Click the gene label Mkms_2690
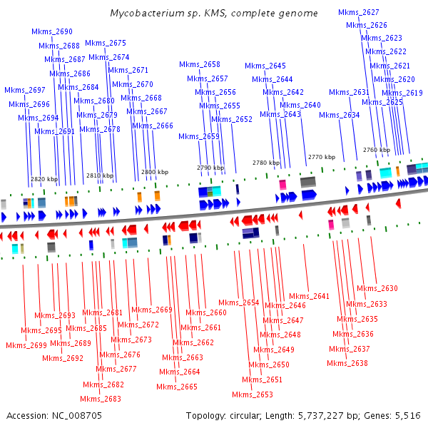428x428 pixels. (52, 32)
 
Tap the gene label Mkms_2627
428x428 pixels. (358, 13)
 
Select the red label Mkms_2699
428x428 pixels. (26, 346)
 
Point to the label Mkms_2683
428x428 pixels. (101, 399)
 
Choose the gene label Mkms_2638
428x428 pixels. (348, 364)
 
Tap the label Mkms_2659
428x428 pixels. (199, 137)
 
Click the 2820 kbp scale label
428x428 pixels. (44, 179)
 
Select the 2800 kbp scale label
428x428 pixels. (155, 172)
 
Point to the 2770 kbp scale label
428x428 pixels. (321, 157)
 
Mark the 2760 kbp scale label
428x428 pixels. (376, 151)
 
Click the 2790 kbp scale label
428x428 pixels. (210, 168)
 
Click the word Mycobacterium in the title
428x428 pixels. (144, 13)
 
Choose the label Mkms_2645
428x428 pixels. (265, 66)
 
